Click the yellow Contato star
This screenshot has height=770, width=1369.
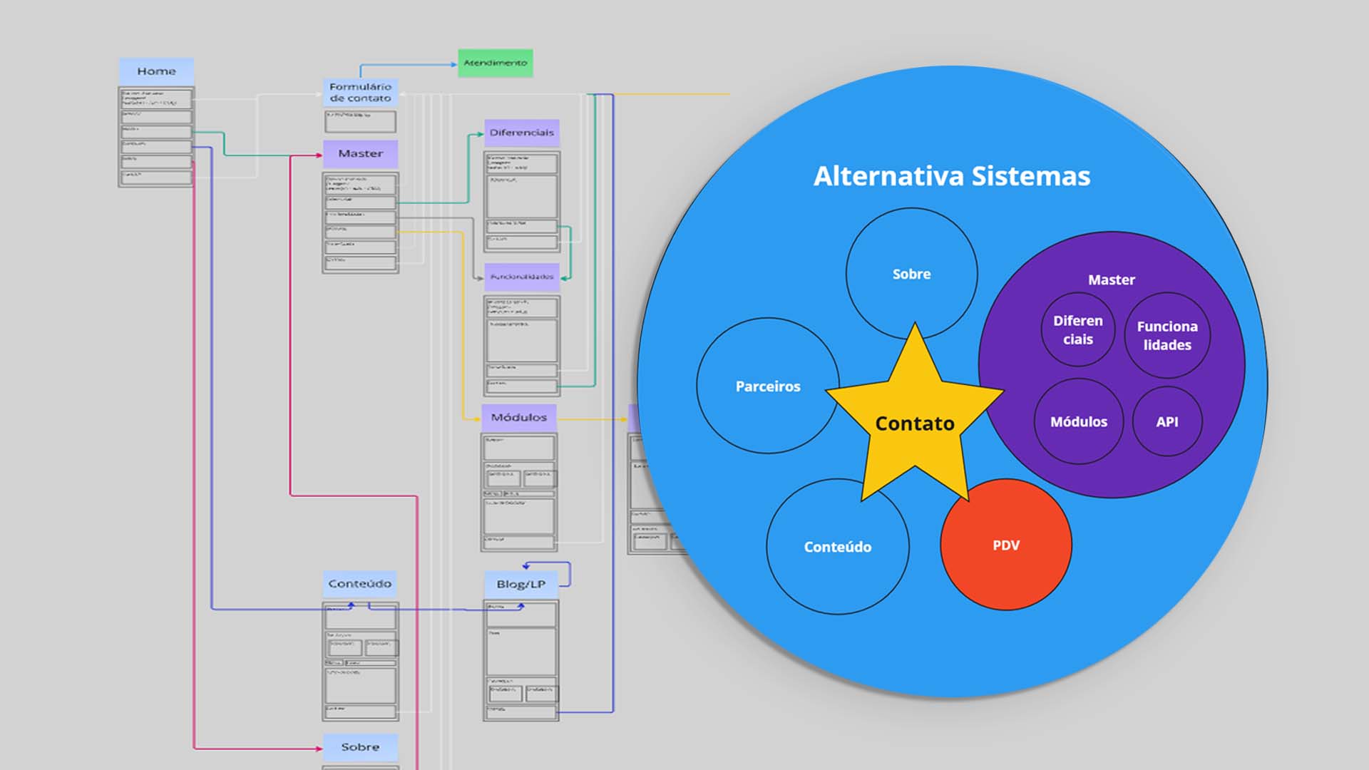(915, 423)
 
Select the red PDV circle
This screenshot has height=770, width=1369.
(1006, 545)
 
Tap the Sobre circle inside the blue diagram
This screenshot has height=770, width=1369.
(911, 273)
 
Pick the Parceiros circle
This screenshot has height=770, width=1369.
(767, 386)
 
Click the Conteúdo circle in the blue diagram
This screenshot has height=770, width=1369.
(838, 547)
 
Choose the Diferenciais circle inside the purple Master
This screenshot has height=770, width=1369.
(1077, 329)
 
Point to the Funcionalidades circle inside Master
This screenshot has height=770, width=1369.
(1167, 335)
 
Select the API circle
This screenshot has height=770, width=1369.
(1167, 421)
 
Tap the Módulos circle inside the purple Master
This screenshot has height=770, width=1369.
(1078, 421)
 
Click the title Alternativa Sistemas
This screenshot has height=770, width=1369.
(952, 176)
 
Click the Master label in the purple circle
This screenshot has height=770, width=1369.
(1111, 279)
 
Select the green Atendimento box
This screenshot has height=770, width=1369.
(495, 63)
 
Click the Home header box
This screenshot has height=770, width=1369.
(156, 71)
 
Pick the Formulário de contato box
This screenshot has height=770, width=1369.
(360, 93)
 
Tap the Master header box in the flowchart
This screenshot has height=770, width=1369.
(360, 153)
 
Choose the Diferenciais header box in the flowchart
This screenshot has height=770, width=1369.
(521, 133)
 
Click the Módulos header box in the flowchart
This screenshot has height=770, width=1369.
(518, 417)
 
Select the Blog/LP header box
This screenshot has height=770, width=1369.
(521, 584)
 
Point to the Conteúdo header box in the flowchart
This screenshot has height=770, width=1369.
(360, 583)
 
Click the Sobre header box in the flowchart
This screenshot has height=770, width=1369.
(360, 746)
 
